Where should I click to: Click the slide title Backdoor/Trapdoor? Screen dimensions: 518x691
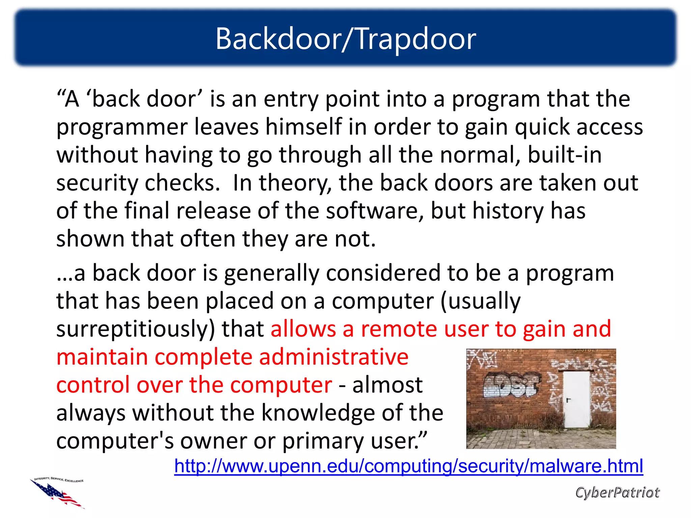tap(345, 39)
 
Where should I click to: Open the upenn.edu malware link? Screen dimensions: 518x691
tap(408, 466)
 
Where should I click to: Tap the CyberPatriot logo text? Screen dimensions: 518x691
tap(617, 492)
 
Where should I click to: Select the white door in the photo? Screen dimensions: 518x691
tap(576, 399)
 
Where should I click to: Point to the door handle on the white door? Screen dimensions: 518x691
tap(568, 400)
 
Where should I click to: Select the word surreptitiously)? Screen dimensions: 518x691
tap(135, 329)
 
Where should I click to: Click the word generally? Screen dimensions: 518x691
tap(271, 273)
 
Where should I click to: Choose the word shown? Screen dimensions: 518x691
tap(90, 239)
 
